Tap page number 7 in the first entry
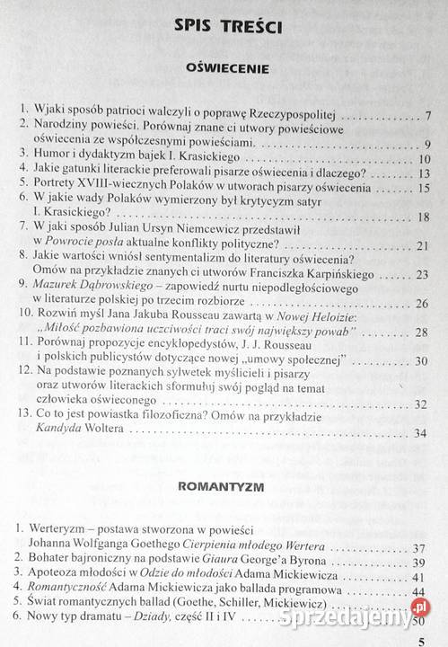429,116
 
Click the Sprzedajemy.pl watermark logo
377,619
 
